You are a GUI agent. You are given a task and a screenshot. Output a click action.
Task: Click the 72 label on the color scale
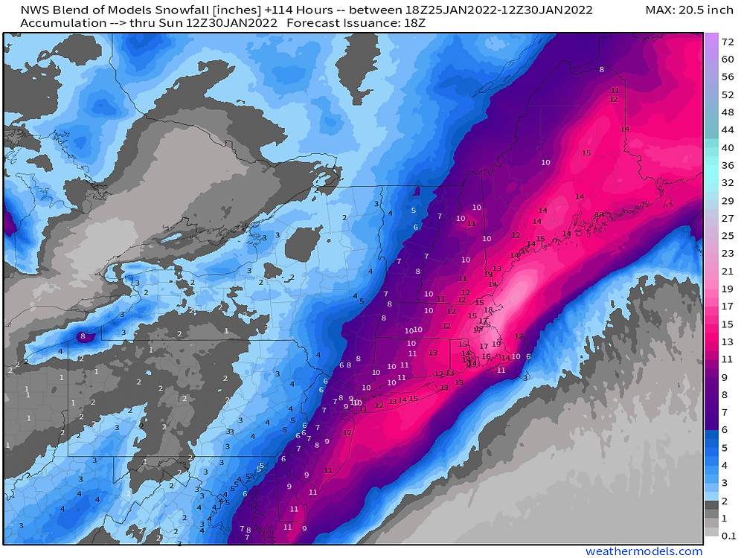728,42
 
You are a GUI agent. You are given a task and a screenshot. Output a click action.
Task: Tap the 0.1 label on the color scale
728,534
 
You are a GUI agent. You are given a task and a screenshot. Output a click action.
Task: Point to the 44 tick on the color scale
728,129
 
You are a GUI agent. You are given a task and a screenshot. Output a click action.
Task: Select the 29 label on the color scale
728,201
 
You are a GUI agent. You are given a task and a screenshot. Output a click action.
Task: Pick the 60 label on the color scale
728,77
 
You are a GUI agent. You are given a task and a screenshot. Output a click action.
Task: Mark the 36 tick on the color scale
728,165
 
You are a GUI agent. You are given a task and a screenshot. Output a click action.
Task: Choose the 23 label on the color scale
728,253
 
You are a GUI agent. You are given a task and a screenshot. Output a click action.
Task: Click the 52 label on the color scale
728,94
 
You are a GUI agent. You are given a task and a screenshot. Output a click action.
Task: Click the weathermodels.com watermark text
644,551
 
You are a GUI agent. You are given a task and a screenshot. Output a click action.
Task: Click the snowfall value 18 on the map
489,310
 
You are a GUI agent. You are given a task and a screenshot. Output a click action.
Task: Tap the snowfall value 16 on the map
486,356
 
